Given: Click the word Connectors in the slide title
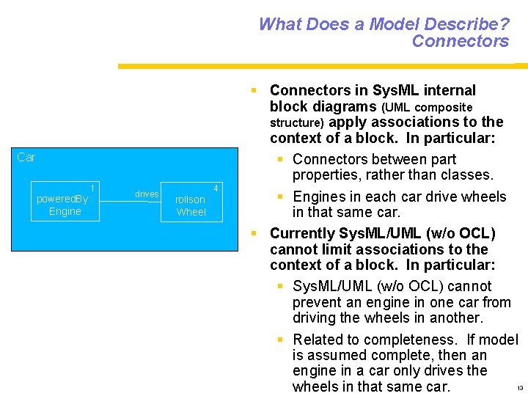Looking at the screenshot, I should click(460, 41).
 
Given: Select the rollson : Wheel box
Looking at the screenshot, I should click(191, 202).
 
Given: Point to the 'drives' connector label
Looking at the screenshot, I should click(147, 194).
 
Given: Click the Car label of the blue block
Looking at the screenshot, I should click(26, 157).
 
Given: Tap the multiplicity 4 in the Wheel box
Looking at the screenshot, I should click(216, 188).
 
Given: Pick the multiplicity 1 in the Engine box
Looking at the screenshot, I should click(92, 187).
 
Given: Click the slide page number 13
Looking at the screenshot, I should click(519, 388).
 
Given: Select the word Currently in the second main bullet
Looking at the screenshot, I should click(302, 234).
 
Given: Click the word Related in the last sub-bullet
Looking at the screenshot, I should click(318, 340).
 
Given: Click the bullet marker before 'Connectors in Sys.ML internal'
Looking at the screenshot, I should click(253, 90).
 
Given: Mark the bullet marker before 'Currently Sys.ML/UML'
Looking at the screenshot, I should click(253, 234).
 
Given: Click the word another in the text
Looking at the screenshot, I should click(452, 318).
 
